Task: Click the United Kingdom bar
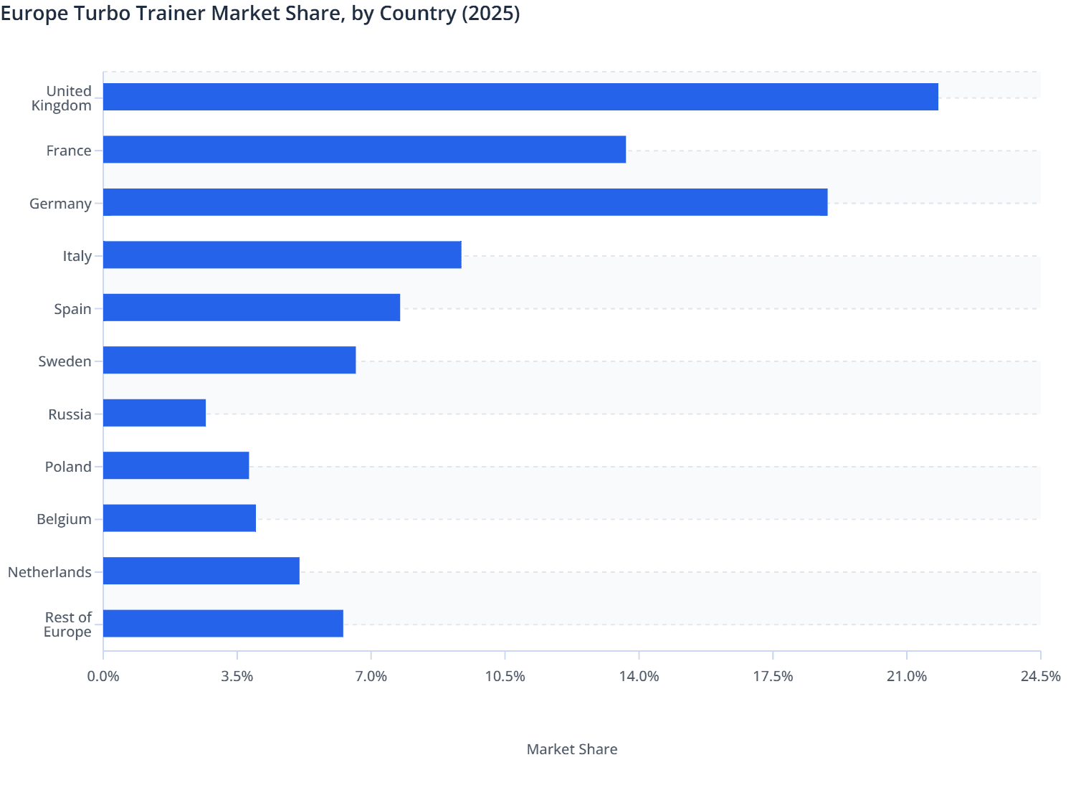(x=520, y=97)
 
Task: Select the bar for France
(x=364, y=149)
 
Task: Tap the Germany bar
(x=465, y=202)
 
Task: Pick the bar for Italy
(x=282, y=255)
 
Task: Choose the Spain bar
(x=252, y=308)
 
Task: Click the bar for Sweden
(x=229, y=360)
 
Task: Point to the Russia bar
(x=154, y=413)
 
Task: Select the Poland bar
(x=176, y=465)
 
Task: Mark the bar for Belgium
(x=179, y=518)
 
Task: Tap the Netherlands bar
(x=201, y=571)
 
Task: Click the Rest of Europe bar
(x=223, y=623)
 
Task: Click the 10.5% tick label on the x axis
(x=505, y=677)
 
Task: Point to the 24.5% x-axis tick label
(x=1040, y=677)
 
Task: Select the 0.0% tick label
(x=103, y=677)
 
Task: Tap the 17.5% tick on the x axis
(x=773, y=677)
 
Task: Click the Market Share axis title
(x=571, y=749)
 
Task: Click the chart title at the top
(x=260, y=14)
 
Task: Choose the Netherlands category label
(x=49, y=572)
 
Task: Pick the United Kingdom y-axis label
(x=62, y=98)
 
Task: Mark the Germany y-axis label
(x=60, y=204)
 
